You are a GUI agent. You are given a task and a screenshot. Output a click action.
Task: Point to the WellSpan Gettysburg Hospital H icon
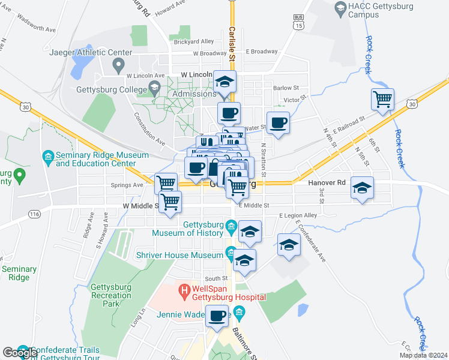click(185, 292)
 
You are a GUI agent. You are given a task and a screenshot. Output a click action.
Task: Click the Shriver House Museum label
click(187, 256)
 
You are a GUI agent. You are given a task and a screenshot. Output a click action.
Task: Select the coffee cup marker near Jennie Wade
click(217, 315)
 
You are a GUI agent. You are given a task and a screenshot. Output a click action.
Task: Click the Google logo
click(19, 353)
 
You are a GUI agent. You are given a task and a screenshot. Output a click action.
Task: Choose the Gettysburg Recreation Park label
click(110, 295)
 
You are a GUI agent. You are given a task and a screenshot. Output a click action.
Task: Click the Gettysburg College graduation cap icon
click(154, 89)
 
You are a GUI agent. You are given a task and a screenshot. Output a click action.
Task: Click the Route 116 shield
click(34, 214)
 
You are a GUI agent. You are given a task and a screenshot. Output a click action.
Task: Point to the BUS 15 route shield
click(298, 22)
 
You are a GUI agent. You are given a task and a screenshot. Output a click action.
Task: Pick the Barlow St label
click(286, 88)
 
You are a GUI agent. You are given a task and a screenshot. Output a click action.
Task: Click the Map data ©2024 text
click(423, 355)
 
